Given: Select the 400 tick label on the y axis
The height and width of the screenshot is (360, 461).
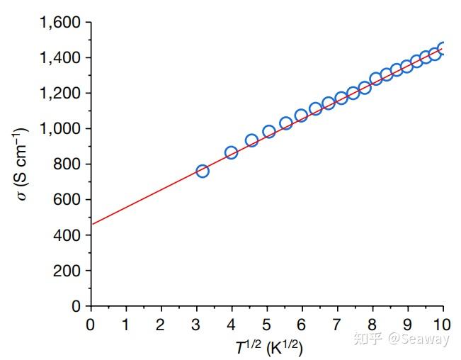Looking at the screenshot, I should pos(69,235).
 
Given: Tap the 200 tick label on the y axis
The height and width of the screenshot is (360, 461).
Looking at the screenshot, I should pos(69,271).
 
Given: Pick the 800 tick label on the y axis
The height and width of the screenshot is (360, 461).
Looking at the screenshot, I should pos(69,164).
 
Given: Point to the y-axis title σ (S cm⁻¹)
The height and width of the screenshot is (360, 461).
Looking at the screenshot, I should pos(22,164).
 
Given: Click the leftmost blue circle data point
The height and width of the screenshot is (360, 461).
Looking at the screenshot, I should pos(203,171).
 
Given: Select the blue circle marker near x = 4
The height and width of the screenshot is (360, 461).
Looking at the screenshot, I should pos(231,152).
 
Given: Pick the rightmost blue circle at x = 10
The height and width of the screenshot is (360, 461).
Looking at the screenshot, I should pos(443,48).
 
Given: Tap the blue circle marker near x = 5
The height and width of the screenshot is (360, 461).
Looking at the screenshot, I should pos(269,132).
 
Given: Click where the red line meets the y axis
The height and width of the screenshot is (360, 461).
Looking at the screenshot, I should pos(91,224).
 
